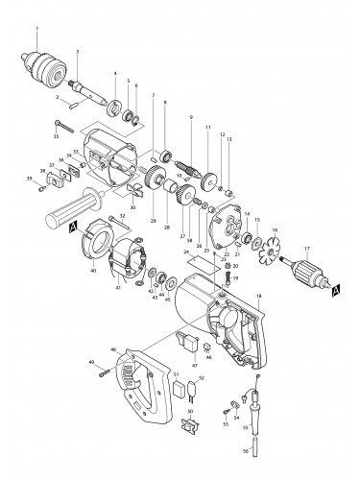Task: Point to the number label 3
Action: (x=77, y=50)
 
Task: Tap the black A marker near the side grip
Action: (x=45, y=226)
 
